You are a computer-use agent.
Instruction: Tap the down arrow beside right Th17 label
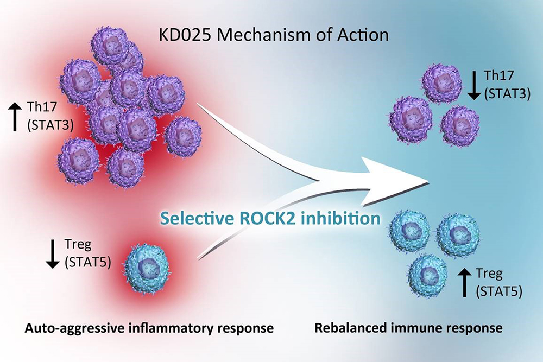(473, 85)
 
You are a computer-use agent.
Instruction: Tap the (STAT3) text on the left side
(50, 125)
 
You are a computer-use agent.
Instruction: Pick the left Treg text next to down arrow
(78, 245)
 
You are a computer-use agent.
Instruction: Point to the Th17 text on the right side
(499, 75)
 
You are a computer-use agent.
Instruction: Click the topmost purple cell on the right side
(441, 83)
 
